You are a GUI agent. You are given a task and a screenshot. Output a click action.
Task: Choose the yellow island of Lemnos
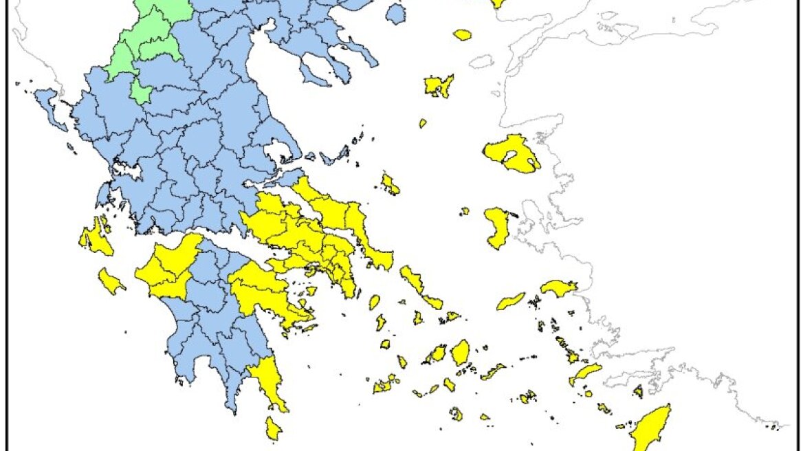438,87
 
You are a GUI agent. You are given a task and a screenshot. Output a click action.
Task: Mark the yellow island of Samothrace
462,34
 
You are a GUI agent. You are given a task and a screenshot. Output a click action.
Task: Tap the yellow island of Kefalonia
96,237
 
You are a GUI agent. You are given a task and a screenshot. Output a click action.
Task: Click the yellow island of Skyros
390,184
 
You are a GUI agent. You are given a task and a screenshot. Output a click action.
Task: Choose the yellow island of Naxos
460,351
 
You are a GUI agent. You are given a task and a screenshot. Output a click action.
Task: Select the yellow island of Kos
584,374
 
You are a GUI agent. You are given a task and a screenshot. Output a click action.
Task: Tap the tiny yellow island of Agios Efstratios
423,124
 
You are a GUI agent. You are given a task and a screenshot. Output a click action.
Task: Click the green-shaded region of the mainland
148,41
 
